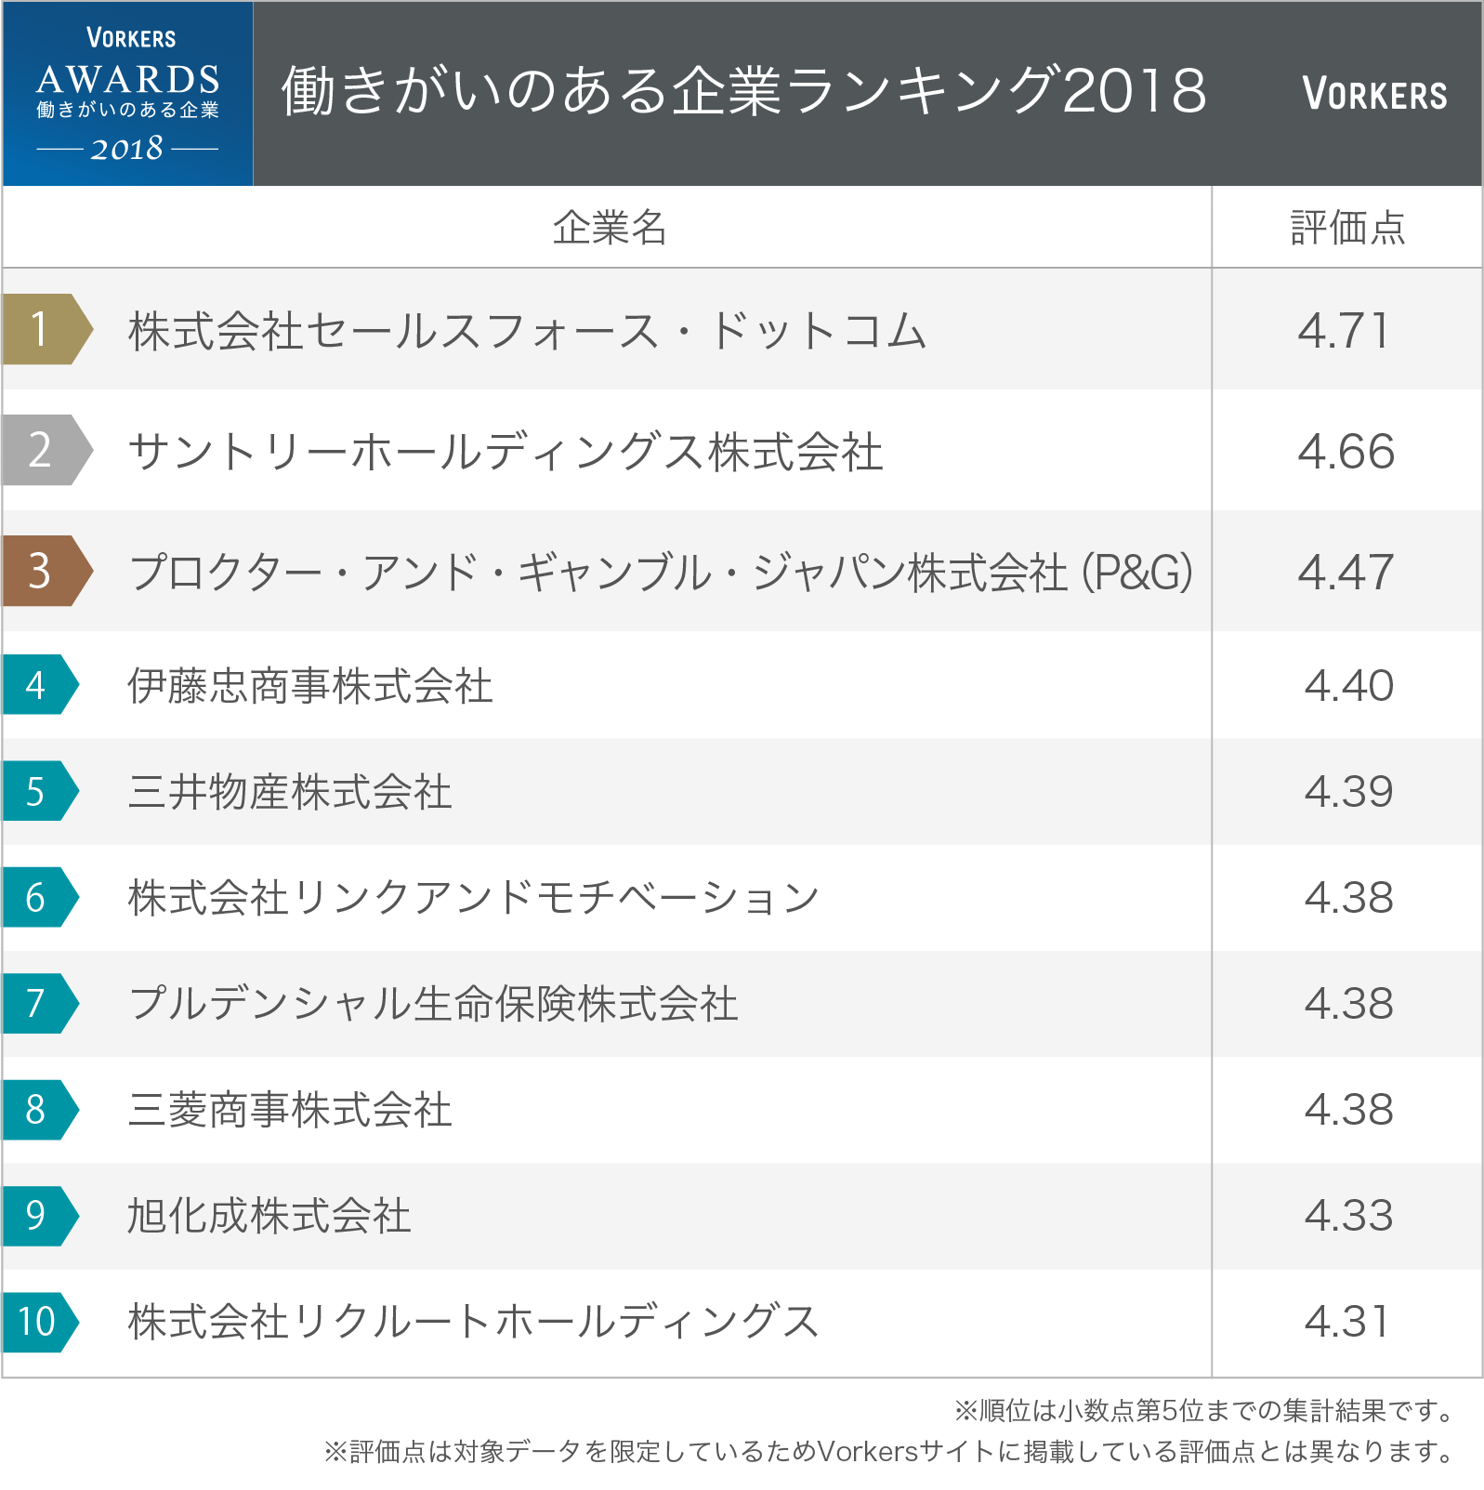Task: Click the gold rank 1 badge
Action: click(45, 329)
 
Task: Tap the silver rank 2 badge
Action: click(45, 450)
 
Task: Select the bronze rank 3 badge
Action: click(45, 571)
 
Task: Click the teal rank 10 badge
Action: click(39, 1321)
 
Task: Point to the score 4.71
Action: click(1345, 331)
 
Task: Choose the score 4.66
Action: click(1346, 452)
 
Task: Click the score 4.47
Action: click(1346, 572)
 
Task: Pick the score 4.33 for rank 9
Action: click(1348, 1216)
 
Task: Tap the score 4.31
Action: click(1346, 1322)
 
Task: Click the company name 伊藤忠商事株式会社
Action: click(310, 686)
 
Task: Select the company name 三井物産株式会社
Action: click(290, 792)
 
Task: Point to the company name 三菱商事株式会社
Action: click(290, 1110)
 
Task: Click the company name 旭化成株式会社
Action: click(269, 1216)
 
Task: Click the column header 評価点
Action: click(1347, 228)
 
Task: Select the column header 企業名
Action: click(610, 228)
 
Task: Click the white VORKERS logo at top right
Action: click(1374, 94)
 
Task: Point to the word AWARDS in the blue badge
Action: click(128, 80)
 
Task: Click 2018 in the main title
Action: click(1134, 91)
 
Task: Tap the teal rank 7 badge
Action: click(39, 1003)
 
